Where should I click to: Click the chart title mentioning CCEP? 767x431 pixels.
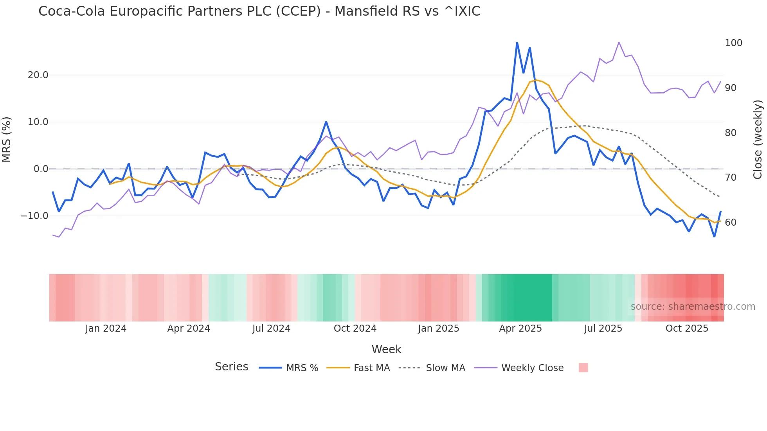[x=259, y=11]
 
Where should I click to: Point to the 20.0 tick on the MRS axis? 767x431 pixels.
[x=38, y=75]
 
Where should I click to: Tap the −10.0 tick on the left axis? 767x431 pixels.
[x=34, y=216]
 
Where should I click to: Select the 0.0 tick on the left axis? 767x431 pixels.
[x=41, y=169]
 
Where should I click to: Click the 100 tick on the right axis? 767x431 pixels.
[x=733, y=43]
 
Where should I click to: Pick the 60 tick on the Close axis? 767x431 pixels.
[x=731, y=223]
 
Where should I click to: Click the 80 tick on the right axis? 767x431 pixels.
[x=731, y=133]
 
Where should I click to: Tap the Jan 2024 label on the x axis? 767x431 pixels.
[x=106, y=329]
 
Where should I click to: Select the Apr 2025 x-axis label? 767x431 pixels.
[x=520, y=329]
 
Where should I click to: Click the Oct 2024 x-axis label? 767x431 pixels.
[x=355, y=329]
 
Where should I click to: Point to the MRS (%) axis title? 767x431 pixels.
[x=7, y=140]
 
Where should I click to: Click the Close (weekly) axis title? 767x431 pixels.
[x=758, y=140]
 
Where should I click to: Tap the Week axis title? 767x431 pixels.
[x=386, y=349]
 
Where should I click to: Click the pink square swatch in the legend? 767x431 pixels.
[x=583, y=368]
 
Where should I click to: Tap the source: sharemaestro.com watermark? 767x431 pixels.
[x=693, y=307]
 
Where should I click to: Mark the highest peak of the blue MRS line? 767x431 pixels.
[x=517, y=43]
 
